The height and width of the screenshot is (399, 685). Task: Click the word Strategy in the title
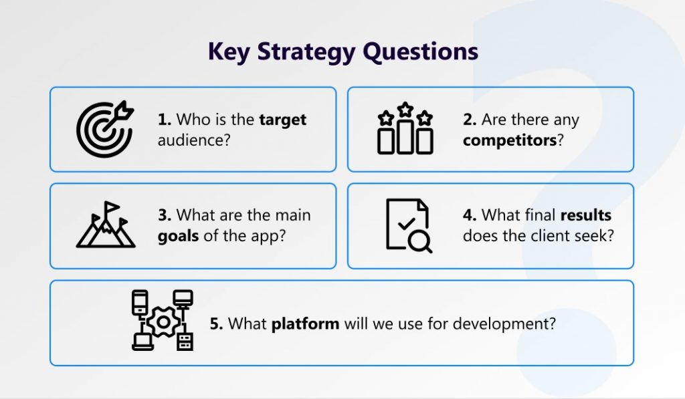[x=306, y=52]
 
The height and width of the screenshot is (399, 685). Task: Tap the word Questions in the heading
[x=421, y=52]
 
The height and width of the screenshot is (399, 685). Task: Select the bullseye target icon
[x=105, y=129]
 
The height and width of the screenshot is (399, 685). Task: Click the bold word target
[x=283, y=120]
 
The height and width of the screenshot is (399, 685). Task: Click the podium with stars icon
[x=405, y=128]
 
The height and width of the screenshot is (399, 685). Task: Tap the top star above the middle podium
[x=405, y=109]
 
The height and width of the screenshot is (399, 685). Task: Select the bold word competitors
[x=510, y=141]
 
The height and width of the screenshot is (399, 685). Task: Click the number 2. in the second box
[x=470, y=119]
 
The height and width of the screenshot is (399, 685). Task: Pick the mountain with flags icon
[x=106, y=225]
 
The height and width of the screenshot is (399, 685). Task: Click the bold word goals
[x=178, y=236]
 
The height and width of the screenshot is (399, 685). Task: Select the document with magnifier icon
[x=409, y=226]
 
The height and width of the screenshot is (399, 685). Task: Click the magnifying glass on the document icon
[x=420, y=241]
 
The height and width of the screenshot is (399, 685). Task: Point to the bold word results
[x=585, y=215]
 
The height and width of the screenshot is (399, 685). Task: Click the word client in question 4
[x=551, y=236]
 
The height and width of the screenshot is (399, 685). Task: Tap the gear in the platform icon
[x=163, y=322]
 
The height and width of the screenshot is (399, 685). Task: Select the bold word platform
[x=305, y=324]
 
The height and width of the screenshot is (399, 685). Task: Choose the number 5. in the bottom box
[x=216, y=324]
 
